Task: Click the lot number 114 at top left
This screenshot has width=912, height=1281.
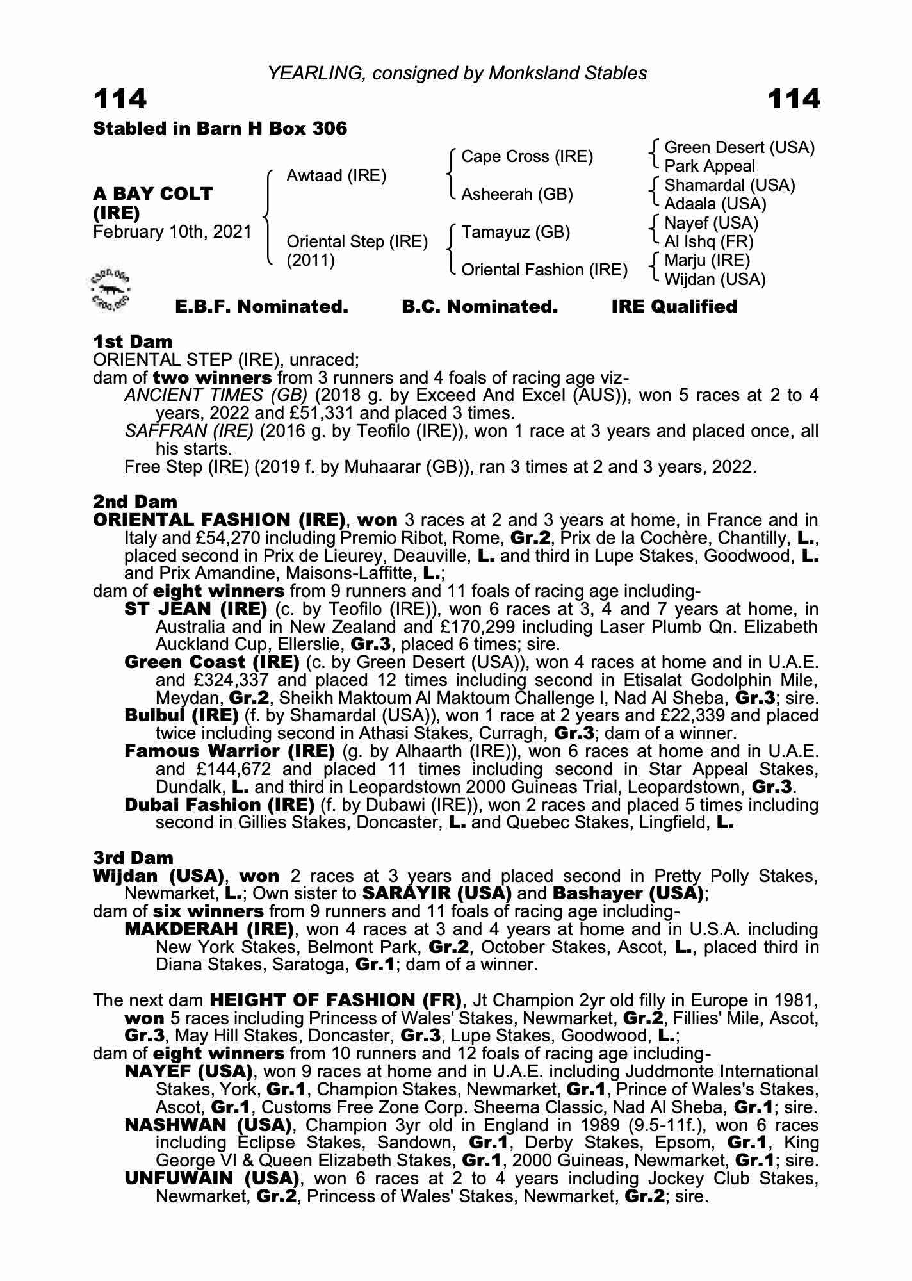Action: point(120,100)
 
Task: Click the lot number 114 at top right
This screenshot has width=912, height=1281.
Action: point(793,100)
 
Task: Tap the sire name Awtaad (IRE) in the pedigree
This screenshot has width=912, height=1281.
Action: point(336,175)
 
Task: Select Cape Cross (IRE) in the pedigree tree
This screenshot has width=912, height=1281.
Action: point(526,157)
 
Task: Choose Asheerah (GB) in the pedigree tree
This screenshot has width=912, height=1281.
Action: point(517,194)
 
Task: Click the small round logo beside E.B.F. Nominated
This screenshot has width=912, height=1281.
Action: point(110,290)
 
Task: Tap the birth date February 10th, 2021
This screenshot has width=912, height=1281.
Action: point(172,231)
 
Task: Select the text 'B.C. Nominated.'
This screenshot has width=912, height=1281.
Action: point(480,307)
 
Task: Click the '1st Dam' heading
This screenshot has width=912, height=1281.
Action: point(133,341)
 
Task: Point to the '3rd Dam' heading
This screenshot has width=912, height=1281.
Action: point(133,858)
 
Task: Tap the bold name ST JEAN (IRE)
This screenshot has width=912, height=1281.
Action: point(195,608)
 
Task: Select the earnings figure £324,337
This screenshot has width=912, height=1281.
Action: point(229,680)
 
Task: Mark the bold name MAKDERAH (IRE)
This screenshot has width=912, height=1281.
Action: point(209,929)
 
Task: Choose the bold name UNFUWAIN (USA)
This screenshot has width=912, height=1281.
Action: point(211,1179)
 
